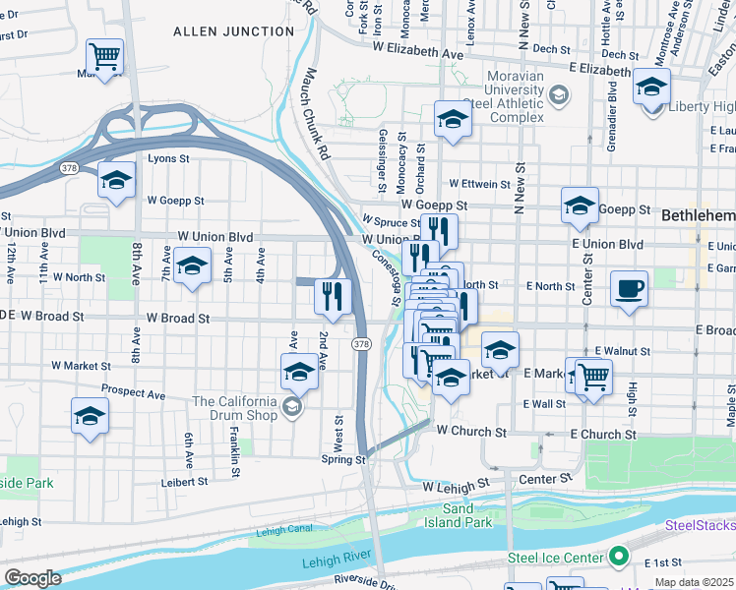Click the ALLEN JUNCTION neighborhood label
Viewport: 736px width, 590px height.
tap(233, 31)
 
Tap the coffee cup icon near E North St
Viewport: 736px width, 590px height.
tap(629, 289)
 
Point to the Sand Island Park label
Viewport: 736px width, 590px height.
tap(466, 515)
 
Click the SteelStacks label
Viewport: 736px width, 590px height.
tap(700, 526)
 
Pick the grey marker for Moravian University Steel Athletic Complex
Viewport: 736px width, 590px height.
tap(559, 94)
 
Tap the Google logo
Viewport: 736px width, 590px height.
tap(31, 578)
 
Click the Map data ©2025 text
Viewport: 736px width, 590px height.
tap(693, 582)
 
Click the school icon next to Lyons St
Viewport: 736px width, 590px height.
tap(116, 180)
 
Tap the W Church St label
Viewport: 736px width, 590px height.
tap(471, 432)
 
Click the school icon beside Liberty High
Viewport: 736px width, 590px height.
tap(650, 87)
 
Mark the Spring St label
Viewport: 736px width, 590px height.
tap(343, 459)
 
